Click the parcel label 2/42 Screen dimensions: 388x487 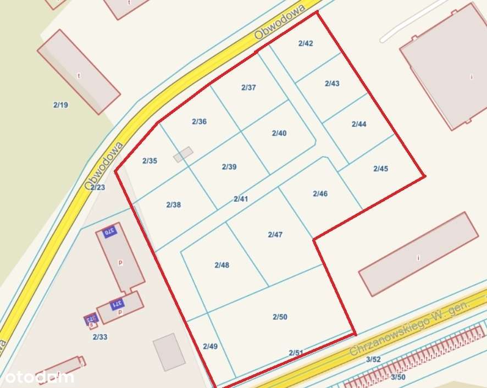[306, 43]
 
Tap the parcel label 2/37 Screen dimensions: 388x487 [248, 87]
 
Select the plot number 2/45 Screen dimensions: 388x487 [380, 169]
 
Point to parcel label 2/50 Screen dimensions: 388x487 [280, 317]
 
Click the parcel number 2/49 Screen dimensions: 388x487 [210, 346]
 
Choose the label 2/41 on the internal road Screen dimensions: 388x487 [241, 199]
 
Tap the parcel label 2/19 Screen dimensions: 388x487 [60, 104]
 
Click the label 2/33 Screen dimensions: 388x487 [99, 337]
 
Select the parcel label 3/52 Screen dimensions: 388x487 [373, 359]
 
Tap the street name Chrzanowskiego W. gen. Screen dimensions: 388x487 [409, 328]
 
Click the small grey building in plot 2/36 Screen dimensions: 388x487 [183, 154]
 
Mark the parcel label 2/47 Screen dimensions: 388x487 [275, 235]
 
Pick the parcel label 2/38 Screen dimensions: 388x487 [173, 204]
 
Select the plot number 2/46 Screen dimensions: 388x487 [320, 193]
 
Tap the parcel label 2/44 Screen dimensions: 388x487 [359, 124]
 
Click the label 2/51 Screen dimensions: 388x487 [296, 353]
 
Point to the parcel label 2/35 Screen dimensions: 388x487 [150, 161]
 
